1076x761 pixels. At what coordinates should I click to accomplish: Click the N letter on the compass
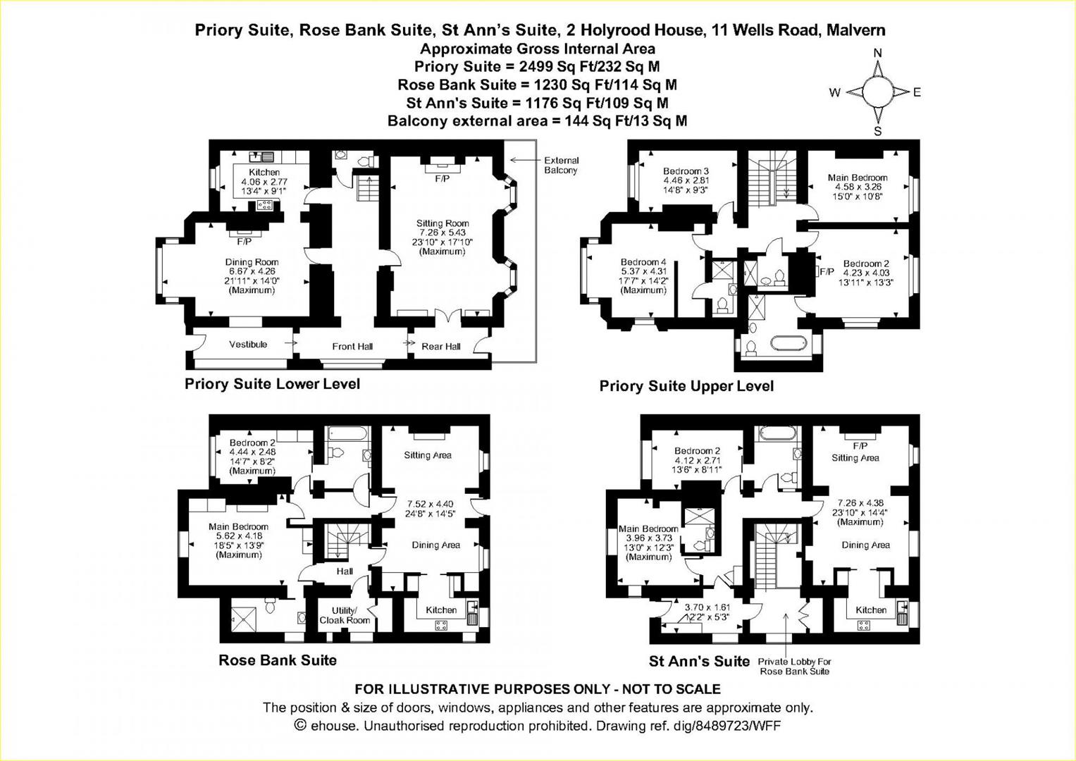click(x=877, y=53)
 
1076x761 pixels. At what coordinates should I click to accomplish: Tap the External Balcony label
click(x=561, y=166)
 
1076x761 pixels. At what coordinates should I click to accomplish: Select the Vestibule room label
click(x=248, y=345)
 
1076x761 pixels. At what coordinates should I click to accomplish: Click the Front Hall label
click(x=352, y=346)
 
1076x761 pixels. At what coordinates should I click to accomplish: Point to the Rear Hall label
click(x=441, y=346)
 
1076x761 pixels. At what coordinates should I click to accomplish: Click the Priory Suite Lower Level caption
click(x=272, y=384)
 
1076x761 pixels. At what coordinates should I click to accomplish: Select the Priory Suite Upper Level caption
click(x=686, y=386)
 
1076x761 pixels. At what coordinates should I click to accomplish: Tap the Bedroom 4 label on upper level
click(x=643, y=261)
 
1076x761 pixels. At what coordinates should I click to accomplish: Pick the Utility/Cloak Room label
click(x=345, y=615)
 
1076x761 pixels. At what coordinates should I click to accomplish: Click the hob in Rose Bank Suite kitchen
click(x=442, y=625)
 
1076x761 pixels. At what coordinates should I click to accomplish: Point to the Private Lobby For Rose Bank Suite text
click(x=795, y=667)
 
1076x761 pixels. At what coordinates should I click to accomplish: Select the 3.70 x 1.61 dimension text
click(x=707, y=607)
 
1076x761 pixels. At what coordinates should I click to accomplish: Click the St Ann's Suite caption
click(x=699, y=661)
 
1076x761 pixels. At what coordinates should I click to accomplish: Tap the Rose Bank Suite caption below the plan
click(x=278, y=660)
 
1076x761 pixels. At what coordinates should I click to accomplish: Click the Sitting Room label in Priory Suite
click(x=442, y=223)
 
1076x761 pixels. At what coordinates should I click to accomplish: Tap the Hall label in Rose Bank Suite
click(x=345, y=571)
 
